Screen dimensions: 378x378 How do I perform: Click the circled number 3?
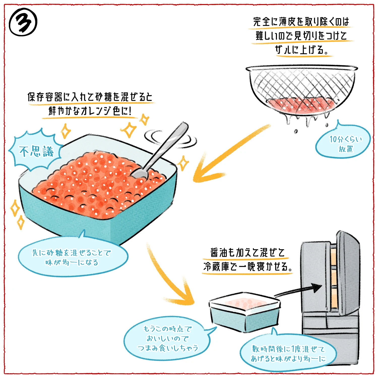(23, 22)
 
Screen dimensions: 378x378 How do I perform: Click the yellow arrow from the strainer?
(227, 154)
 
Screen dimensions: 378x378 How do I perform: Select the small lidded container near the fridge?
(244, 312)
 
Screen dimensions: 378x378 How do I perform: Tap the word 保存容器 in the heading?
(45, 97)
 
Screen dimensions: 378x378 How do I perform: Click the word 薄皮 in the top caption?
(287, 22)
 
